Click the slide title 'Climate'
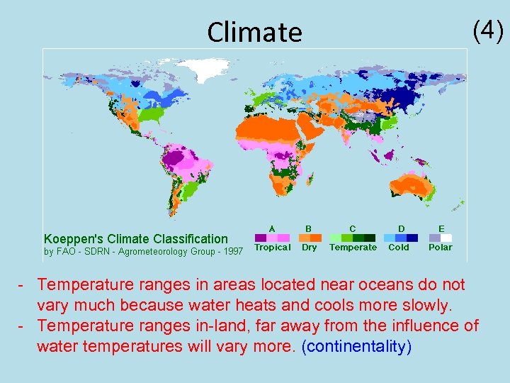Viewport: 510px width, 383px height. (254, 32)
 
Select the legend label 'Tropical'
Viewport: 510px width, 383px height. (272, 248)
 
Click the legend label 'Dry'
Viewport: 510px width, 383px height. (310, 248)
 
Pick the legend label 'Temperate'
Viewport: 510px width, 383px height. (353, 248)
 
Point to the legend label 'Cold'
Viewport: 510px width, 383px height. (399, 248)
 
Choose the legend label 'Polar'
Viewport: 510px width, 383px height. (440, 248)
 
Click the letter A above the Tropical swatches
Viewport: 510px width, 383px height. (271, 228)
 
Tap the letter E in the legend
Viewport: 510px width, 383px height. (441, 228)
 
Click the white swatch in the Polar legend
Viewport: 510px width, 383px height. (446, 238)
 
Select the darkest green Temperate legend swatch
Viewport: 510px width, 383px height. (370, 238)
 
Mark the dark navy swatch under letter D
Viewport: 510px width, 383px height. (412, 238)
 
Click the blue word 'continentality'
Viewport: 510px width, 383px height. (356, 348)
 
